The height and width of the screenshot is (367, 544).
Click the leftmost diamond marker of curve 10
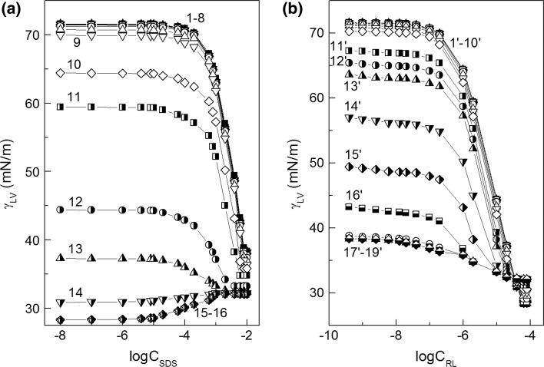click(x=60, y=73)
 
